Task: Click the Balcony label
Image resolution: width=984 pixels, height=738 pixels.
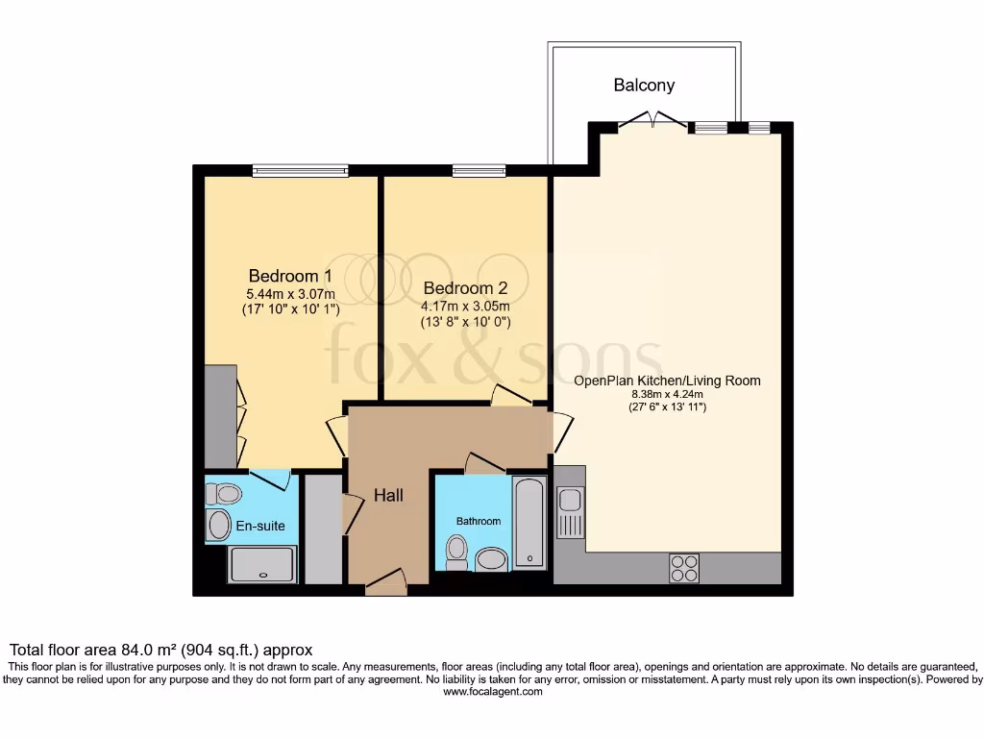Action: (644, 86)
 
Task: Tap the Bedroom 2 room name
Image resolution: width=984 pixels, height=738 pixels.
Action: (464, 287)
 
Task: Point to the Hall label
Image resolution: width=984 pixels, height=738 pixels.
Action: (388, 496)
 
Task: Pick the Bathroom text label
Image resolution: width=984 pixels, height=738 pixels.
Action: (478, 521)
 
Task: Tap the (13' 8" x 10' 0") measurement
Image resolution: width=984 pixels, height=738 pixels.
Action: (464, 322)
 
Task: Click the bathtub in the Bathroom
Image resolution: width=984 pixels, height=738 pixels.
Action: (529, 524)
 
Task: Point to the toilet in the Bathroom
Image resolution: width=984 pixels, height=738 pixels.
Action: (456, 553)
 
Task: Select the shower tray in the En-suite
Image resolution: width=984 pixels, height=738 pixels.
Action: (263, 564)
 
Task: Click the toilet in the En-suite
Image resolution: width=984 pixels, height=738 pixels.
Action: (224, 494)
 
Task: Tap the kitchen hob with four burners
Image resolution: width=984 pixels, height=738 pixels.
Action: (684, 569)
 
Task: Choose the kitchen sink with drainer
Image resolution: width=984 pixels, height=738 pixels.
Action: (569, 513)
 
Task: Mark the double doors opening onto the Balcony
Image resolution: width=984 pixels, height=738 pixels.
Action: (652, 122)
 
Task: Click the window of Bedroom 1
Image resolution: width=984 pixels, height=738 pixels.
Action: (300, 171)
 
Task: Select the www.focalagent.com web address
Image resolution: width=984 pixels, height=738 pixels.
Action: (492, 692)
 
